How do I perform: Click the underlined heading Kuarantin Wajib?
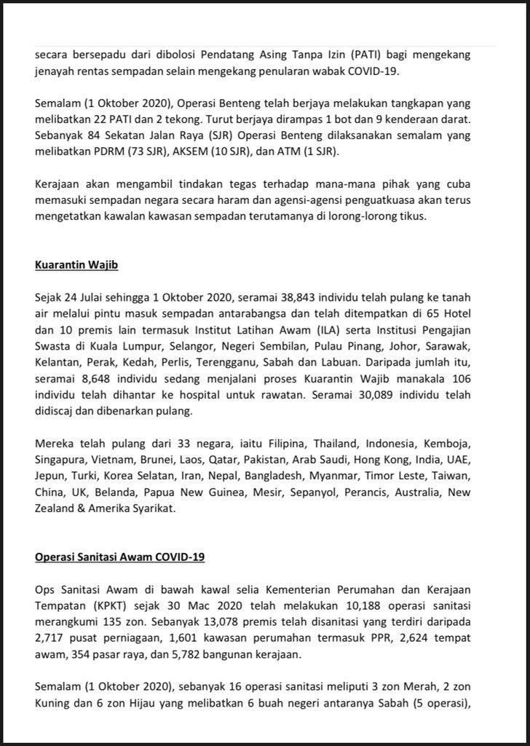click(x=76, y=265)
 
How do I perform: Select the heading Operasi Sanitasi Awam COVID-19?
click(x=120, y=557)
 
